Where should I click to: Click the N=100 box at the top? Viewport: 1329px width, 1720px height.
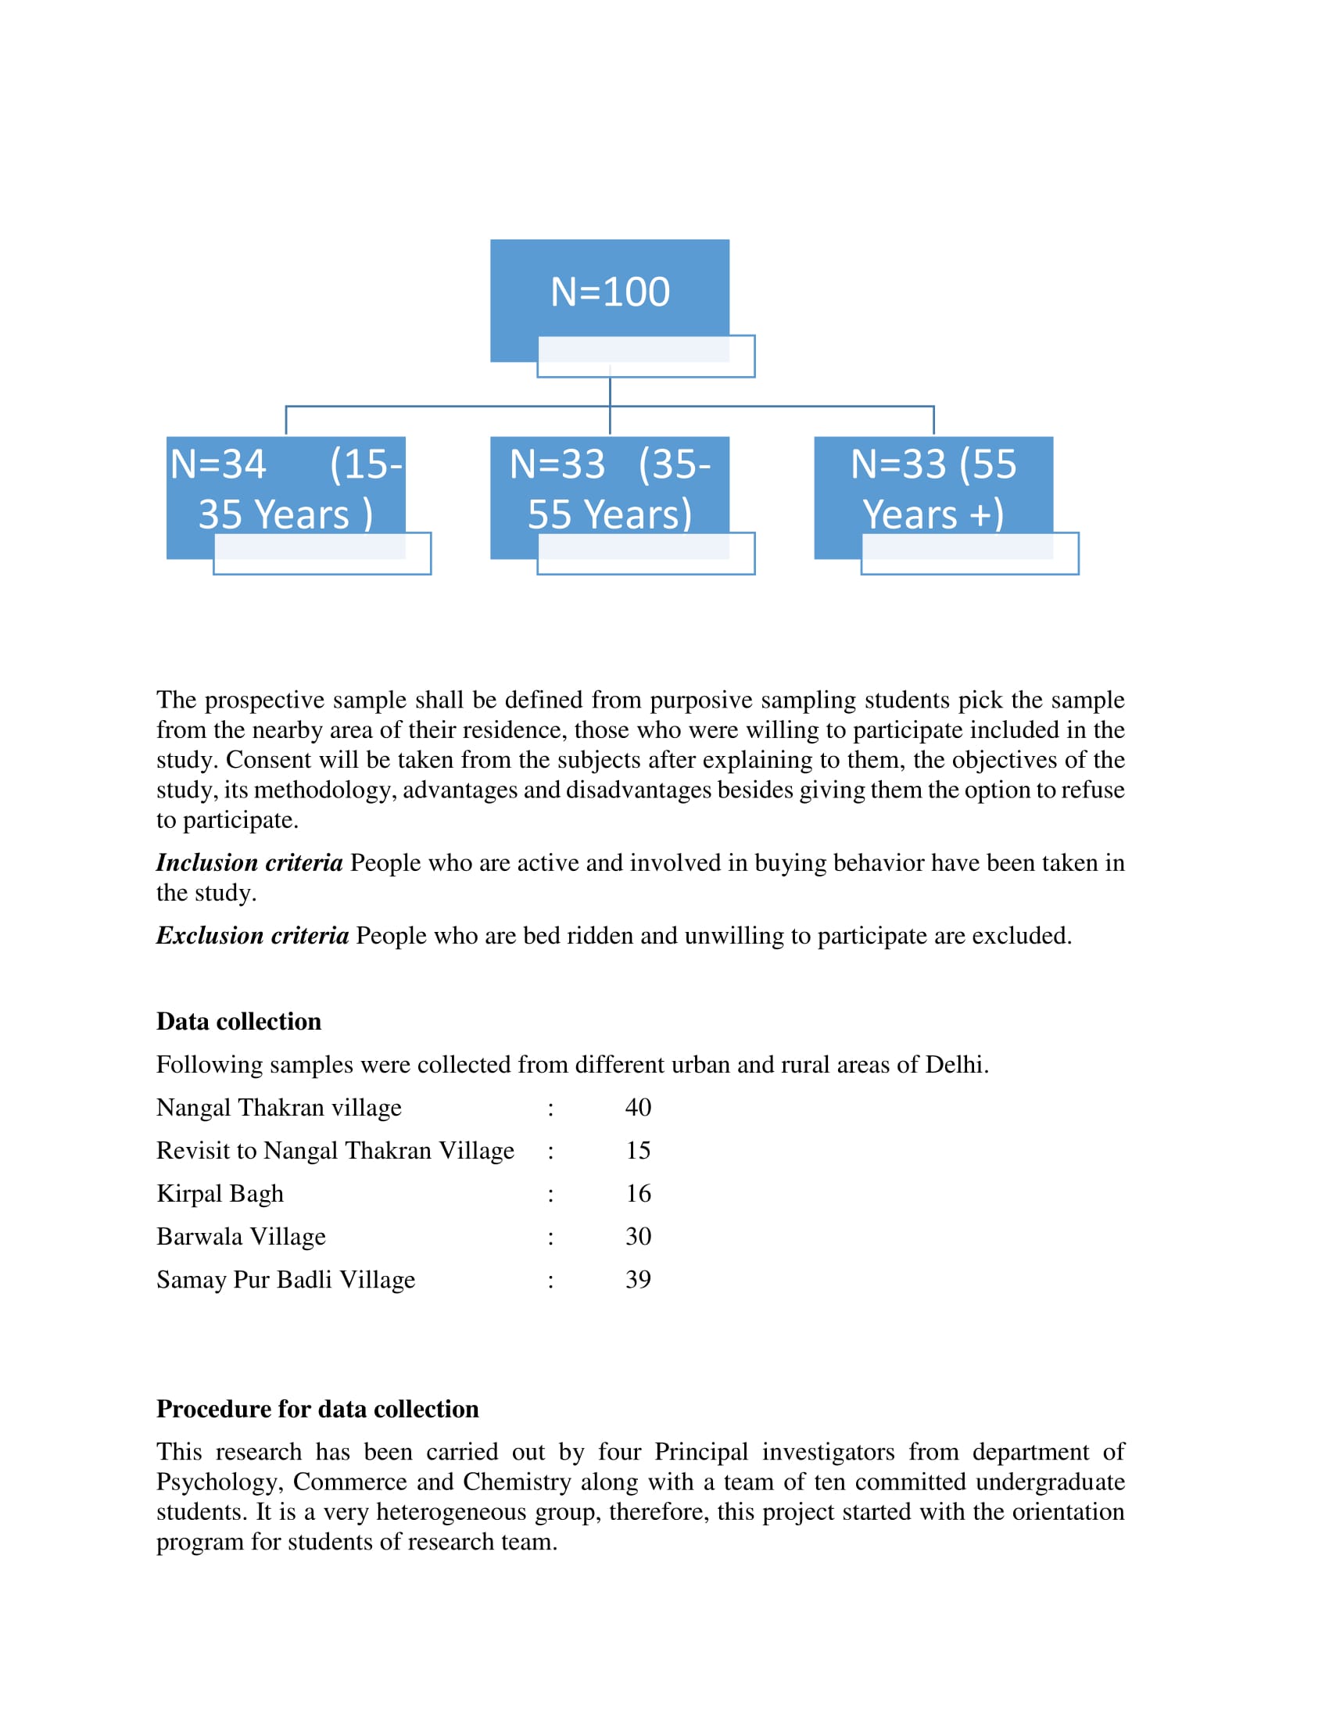610,293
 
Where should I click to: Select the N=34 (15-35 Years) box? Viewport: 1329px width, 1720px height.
286,489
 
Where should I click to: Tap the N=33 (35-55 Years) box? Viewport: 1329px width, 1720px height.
610,489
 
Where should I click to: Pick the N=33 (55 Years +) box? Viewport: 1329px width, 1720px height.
933,489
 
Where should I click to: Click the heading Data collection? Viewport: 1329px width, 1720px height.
238,1022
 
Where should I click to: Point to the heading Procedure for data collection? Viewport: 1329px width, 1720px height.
317,1409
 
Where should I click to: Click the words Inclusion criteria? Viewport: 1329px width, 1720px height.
249,863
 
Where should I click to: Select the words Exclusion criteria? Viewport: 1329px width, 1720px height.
252,936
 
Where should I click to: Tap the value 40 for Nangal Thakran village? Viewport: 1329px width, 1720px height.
638,1107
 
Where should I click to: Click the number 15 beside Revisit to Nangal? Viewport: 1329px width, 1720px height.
638,1151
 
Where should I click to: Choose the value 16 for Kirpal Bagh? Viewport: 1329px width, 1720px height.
638,1194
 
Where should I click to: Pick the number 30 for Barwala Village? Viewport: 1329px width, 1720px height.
638,1237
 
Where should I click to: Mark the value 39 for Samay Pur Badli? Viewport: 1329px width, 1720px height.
638,1280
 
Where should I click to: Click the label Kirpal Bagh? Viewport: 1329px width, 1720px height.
220,1194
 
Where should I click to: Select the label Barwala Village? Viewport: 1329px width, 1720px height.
241,1237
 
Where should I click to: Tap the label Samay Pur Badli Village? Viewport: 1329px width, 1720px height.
285,1280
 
